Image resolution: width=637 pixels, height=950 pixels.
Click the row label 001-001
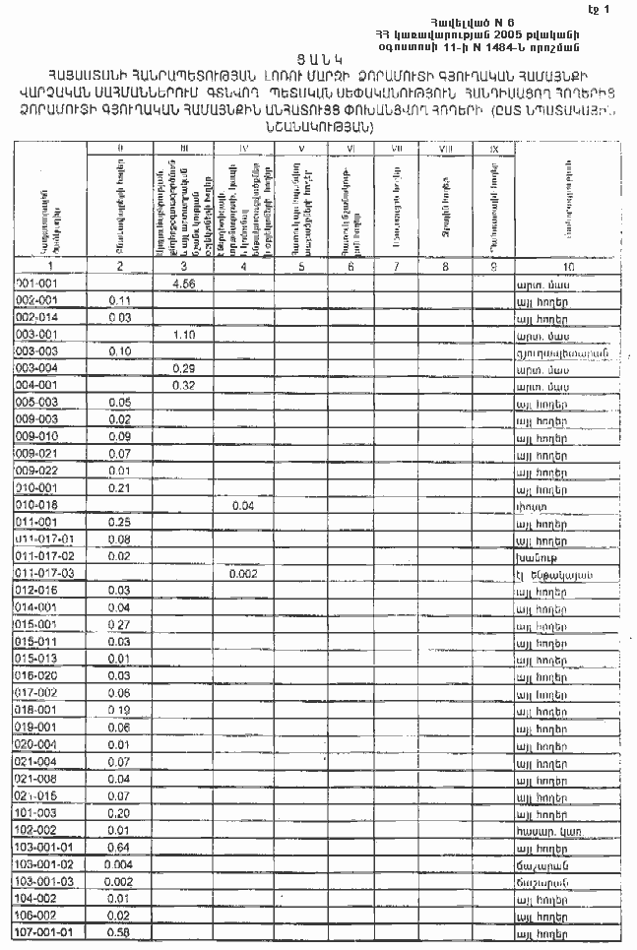(x=39, y=284)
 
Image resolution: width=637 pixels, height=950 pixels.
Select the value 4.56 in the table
(x=181, y=284)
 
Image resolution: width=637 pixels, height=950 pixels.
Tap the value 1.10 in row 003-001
(x=181, y=335)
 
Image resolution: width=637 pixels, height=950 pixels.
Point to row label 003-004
(x=39, y=367)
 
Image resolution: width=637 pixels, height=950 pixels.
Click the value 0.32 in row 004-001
(x=181, y=385)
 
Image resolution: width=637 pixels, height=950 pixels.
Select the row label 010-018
(x=39, y=504)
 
